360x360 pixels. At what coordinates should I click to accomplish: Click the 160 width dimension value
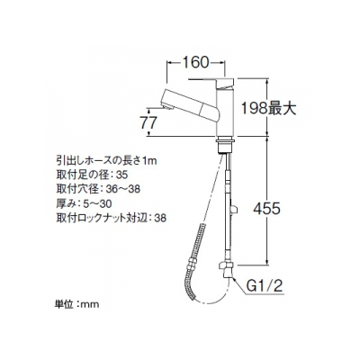[x=195, y=62]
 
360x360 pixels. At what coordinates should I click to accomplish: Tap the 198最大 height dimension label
[x=269, y=108]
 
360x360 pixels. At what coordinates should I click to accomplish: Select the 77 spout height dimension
[x=148, y=122]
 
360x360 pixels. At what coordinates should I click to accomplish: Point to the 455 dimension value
[x=266, y=208]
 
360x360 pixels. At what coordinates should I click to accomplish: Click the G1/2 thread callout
[x=265, y=287]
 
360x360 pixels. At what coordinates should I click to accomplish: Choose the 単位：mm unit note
[x=77, y=304]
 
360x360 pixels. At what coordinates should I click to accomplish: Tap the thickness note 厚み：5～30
[x=84, y=203]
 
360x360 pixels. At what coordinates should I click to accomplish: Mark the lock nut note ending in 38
[x=111, y=218]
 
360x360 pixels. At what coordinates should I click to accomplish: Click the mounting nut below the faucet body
[x=224, y=145]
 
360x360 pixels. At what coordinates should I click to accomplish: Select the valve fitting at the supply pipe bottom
[x=226, y=269]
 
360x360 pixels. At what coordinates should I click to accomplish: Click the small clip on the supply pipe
[x=233, y=209]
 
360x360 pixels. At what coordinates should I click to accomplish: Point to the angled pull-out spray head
[x=192, y=103]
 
